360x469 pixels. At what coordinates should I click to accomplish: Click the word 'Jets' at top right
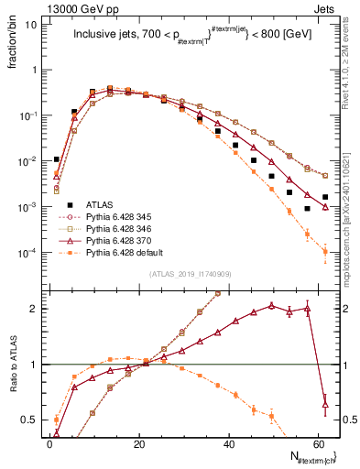(337, 6)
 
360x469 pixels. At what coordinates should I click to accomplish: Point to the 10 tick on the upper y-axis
(31, 24)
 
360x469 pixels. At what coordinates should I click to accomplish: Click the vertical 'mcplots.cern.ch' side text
(352, 211)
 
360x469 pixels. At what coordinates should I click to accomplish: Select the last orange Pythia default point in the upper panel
(325, 252)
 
